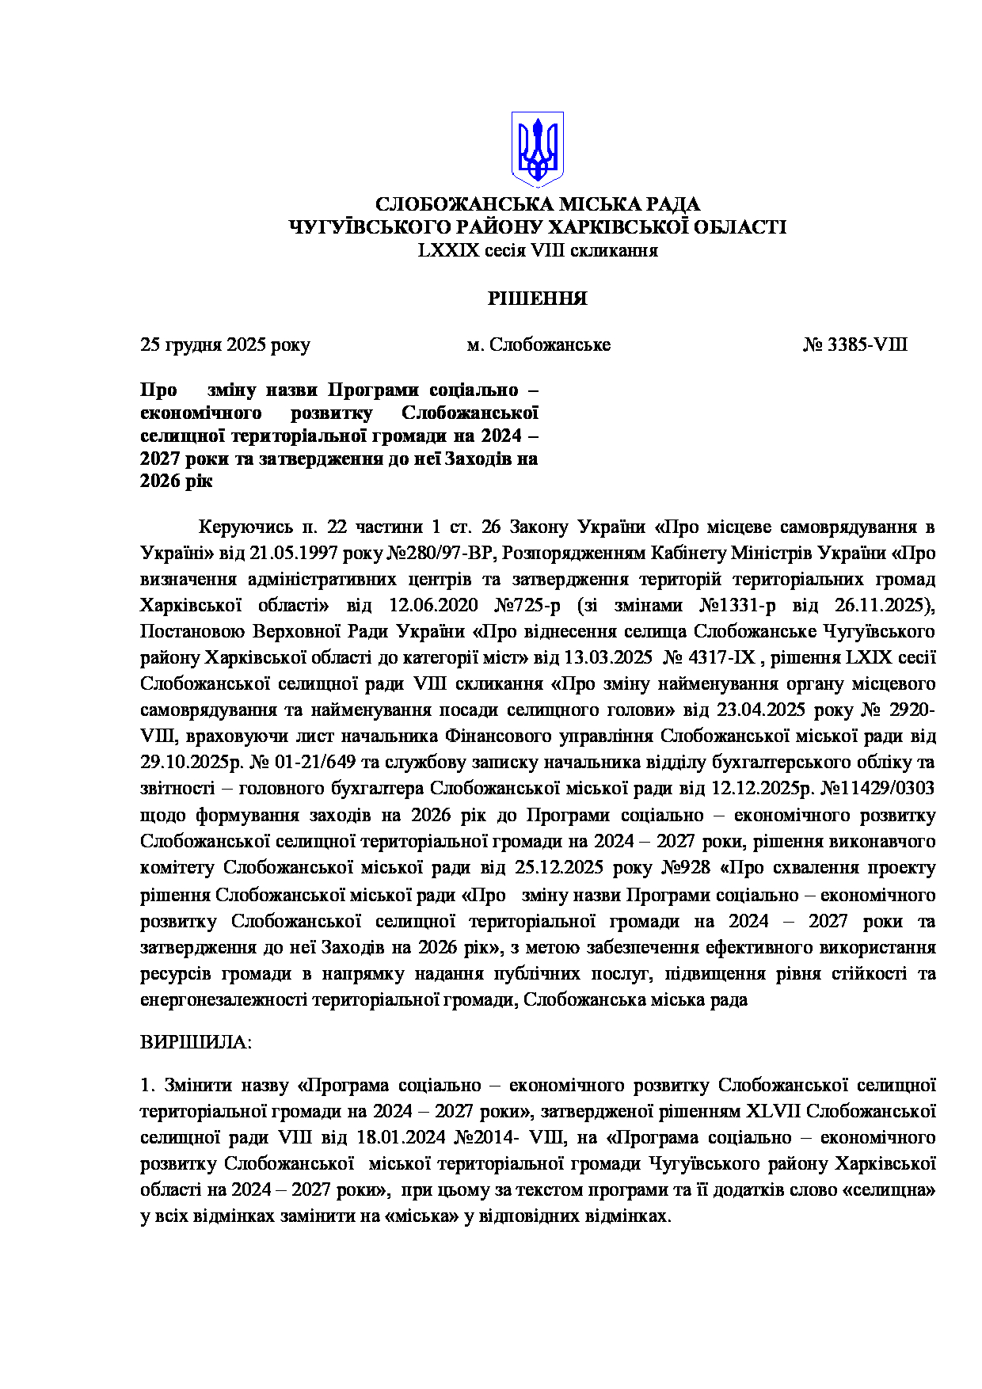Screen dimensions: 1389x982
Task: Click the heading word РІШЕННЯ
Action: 537,299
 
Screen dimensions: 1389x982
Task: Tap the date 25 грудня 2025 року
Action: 225,345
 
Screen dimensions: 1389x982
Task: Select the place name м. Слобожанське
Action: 539,345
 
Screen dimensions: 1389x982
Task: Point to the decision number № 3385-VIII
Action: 855,345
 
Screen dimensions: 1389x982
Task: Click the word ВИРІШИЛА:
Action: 196,1042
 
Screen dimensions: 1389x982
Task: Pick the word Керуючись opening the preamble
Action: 245,527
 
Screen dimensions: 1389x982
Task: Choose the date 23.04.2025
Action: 760,710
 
